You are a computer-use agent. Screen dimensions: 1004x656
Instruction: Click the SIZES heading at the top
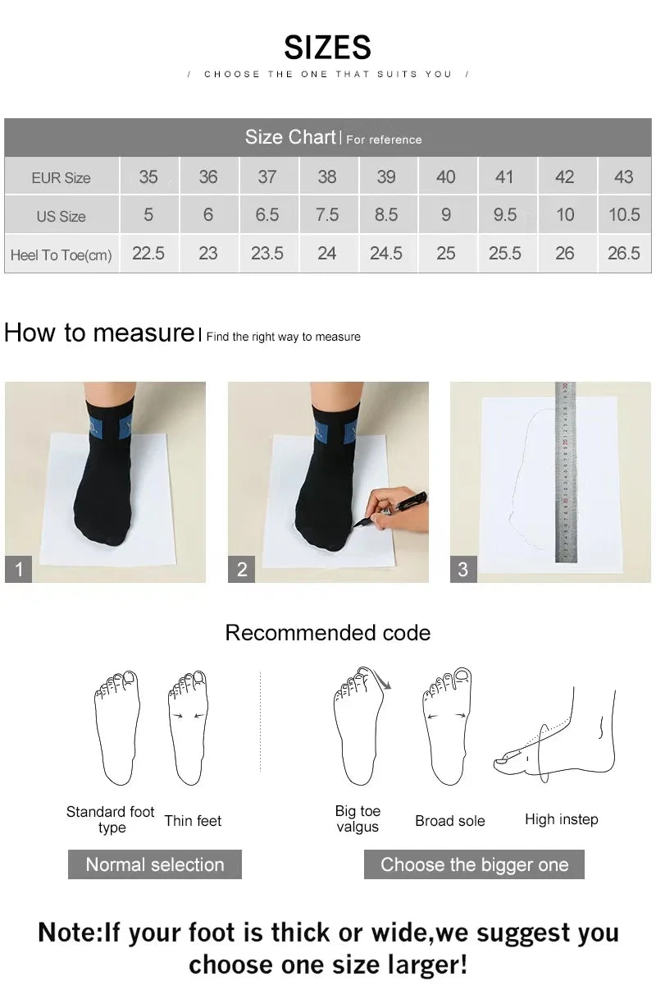point(327,48)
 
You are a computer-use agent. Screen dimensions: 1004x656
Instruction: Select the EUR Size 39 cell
point(386,177)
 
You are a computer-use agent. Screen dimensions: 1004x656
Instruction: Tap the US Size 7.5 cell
point(326,215)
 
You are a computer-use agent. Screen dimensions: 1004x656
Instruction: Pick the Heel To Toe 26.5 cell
point(624,254)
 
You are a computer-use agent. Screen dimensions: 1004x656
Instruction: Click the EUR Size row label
point(61,178)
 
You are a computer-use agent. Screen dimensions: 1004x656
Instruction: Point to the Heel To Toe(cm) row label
point(61,255)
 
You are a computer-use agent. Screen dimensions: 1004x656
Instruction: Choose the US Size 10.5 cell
point(624,215)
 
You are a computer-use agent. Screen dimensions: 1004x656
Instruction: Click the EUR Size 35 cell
point(148,177)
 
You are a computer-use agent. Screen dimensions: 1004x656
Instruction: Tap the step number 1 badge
point(19,569)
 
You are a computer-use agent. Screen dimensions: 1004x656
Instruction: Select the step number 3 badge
point(463,569)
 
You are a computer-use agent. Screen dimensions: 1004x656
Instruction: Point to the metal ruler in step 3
point(566,472)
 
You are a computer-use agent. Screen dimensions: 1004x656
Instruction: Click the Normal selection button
point(155,864)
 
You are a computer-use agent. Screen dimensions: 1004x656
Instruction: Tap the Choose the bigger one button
point(474,864)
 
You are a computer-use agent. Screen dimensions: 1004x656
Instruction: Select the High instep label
point(562,819)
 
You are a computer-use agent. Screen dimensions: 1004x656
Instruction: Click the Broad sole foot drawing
point(447,727)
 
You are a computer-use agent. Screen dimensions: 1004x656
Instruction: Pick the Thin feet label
point(193,821)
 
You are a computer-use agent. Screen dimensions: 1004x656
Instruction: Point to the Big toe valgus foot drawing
point(358,727)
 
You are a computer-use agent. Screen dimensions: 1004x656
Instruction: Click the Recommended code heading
point(327,633)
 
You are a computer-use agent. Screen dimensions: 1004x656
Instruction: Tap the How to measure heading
point(98,333)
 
